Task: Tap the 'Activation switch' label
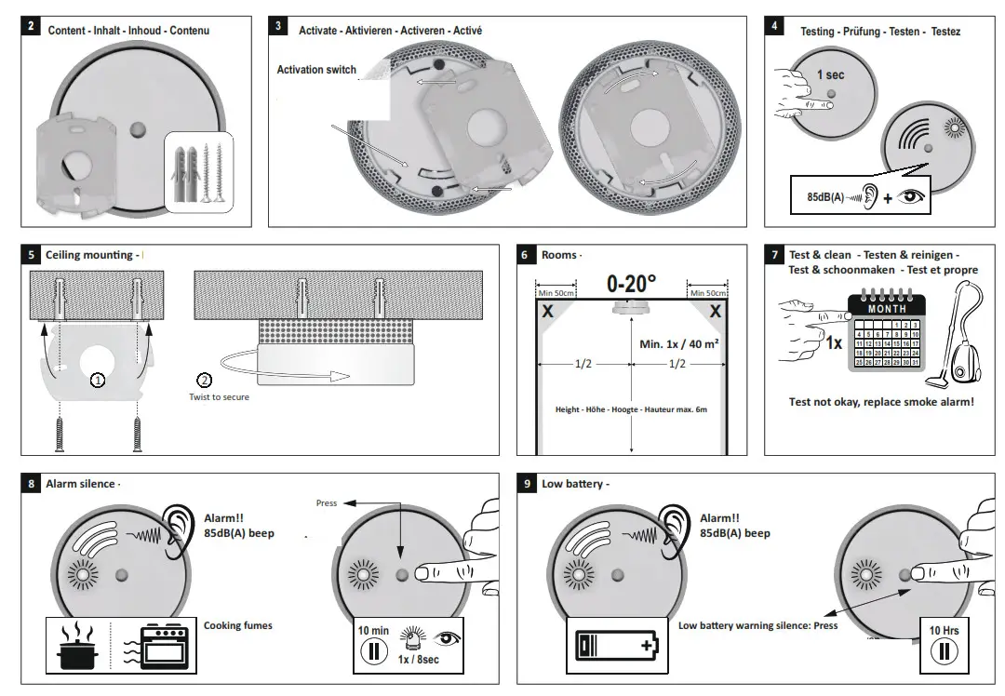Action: click(x=316, y=70)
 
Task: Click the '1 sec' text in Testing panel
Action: click(x=831, y=74)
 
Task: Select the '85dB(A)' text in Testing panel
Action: click(x=824, y=196)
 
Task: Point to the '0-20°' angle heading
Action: click(x=631, y=284)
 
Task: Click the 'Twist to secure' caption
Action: click(x=219, y=397)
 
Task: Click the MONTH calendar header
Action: click(x=886, y=308)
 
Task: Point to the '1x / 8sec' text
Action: click(x=418, y=660)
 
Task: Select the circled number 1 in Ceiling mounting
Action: click(x=97, y=380)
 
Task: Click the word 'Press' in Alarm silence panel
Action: click(x=327, y=503)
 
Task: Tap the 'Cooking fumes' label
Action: click(x=238, y=626)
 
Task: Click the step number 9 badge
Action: click(x=527, y=484)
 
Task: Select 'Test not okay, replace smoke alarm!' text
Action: click(x=881, y=402)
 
